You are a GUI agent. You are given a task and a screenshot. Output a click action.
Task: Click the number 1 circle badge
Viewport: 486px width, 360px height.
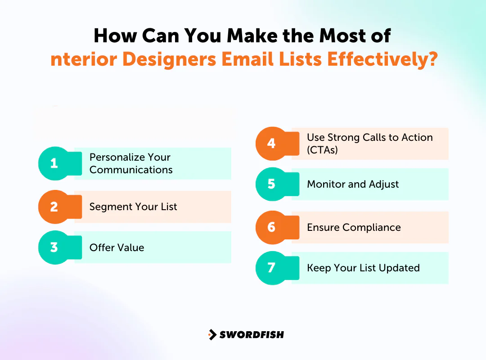point(54,163)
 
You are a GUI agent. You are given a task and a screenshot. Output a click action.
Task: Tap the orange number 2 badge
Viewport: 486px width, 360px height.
point(54,207)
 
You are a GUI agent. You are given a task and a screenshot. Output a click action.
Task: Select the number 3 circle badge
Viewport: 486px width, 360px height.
point(54,247)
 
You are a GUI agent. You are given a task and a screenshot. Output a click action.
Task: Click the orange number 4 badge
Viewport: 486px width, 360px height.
point(272,144)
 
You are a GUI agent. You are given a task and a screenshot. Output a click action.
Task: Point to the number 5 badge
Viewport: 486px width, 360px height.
point(272,184)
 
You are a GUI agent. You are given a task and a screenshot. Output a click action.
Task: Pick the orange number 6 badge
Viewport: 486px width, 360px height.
point(272,227)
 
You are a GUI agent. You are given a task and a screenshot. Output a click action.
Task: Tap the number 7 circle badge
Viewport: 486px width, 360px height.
point(272,268)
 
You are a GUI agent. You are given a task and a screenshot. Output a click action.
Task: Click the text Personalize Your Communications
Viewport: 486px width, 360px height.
point(130,163)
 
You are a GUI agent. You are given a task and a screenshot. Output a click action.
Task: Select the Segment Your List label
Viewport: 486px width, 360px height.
point(133,207)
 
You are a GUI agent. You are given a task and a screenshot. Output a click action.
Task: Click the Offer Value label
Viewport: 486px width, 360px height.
point(117,247)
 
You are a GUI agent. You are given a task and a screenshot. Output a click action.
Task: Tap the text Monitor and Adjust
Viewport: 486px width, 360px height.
point(353,184)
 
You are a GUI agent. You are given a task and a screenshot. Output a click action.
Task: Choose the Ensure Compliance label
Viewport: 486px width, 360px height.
point(354,227)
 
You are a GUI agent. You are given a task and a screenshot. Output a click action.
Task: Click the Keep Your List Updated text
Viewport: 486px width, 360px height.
point(363,268)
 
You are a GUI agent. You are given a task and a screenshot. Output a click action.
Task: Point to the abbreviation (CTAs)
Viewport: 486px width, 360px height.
point(322,150)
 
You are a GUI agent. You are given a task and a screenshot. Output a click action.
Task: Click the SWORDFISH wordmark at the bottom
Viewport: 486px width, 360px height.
point(252,334)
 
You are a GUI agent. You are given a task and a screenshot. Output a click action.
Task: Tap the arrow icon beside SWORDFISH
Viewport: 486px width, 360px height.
point(212,334)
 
